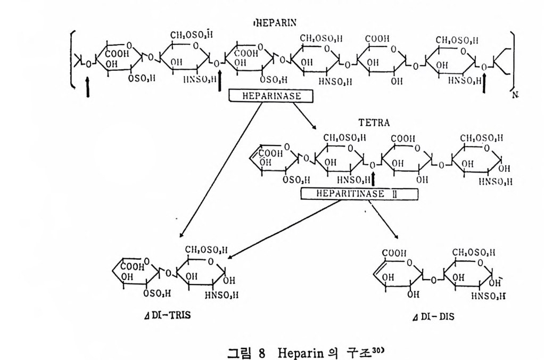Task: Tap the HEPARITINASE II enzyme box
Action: (351, 194)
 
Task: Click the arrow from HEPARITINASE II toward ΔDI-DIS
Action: (383, 218)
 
